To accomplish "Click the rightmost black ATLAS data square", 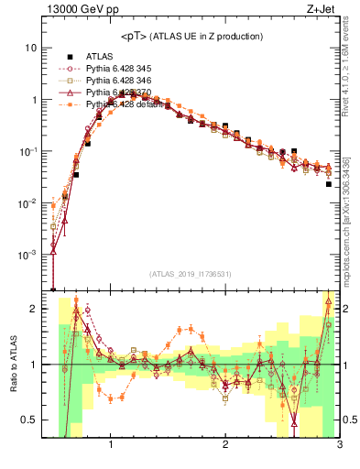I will [329, 184].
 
